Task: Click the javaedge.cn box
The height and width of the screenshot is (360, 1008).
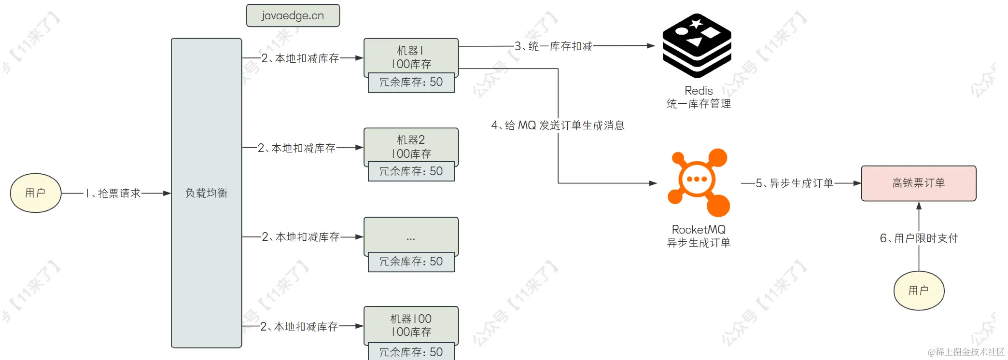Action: [293, 15]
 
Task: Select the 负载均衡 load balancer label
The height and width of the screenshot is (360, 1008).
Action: [206, 193]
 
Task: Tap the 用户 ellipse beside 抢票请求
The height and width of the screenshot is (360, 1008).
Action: [36, 193]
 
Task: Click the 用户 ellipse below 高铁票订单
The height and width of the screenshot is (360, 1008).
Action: [918, 290]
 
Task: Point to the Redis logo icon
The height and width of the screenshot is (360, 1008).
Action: [697, 46]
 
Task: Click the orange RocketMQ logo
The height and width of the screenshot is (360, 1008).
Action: [698, 182]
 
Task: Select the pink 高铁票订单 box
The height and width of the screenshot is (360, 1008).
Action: [918, 183]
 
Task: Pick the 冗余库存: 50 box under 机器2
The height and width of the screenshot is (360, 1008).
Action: [411, 171]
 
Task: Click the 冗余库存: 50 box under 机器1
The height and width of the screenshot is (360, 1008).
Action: [411, 82]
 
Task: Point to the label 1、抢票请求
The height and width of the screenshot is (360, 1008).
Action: [113, 194]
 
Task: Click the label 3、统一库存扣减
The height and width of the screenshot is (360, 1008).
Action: [553, 46]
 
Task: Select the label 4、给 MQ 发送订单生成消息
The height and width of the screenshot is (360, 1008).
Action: [558, 125]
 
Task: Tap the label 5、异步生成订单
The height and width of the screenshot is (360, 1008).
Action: [794, 183]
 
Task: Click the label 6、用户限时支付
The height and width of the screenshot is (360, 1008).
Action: [918, 238]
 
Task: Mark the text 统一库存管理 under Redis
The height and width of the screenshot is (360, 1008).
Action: [699, 104]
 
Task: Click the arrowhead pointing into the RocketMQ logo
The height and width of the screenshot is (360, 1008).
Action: [653, 183]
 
